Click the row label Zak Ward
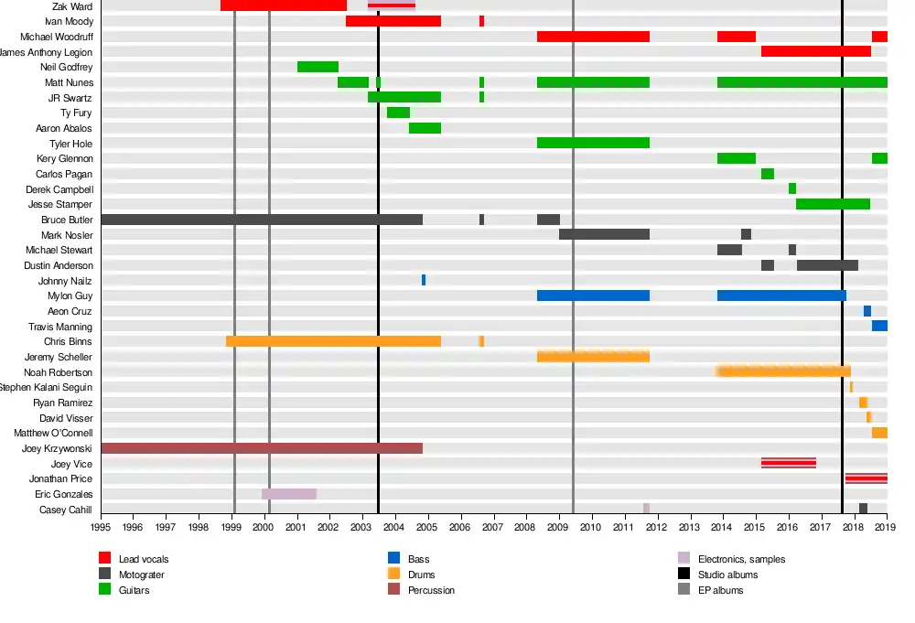(x=72, y=6)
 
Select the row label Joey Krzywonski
(x=57, y=449)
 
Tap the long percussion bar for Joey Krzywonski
(x=262, y=448)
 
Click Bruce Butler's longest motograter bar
(x=262, y=220)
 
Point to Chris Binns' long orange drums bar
(x=333, y=341)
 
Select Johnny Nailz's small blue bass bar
(x=424, y=280)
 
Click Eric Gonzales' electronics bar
(x=289, y=494)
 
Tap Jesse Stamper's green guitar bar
(x=833, y=204)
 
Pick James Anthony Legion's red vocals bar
(x=815, y=51)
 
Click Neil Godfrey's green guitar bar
(x=318, y=67)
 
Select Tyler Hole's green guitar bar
(x=593, y=143)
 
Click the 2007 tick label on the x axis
(x=492, y=527)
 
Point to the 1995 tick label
(x=101, y=527)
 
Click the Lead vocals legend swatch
(x=104, y=558)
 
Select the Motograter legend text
(x=142, y=575)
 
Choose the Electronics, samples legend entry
(x=741, y=559)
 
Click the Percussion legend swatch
(x=394, y=590)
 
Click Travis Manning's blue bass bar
(x=879, y=326)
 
